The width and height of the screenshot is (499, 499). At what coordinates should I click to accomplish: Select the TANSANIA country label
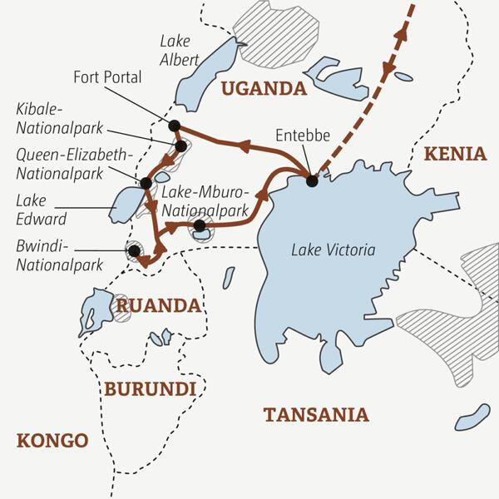315,415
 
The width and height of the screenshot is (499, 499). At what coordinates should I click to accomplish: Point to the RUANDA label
158,305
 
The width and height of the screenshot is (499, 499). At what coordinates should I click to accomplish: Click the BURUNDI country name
150,389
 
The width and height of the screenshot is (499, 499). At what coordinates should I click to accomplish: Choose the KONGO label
51,440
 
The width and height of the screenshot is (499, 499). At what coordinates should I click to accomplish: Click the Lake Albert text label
179,49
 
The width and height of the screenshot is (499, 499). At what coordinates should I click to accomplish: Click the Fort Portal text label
107,77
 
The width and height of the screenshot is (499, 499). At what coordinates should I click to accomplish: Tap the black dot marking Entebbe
312,180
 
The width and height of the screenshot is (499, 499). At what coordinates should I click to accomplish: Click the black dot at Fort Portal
174,126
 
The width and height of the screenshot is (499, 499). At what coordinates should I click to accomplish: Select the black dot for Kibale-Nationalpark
180,146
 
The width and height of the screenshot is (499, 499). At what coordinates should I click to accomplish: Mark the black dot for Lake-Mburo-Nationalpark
200,225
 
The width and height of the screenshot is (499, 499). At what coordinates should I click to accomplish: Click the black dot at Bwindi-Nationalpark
133,249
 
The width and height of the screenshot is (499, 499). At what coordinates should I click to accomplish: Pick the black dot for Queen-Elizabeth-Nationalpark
146,183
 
